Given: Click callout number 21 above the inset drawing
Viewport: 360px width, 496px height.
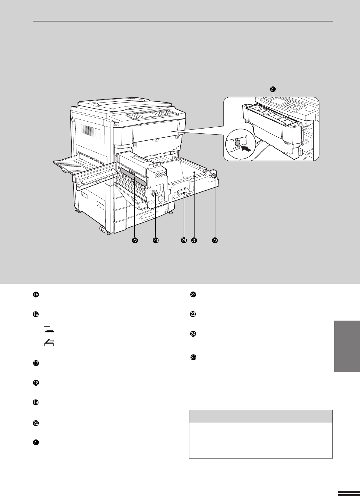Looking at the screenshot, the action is (x=273, y=89).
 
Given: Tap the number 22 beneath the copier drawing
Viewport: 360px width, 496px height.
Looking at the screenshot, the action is (x=135, y=240).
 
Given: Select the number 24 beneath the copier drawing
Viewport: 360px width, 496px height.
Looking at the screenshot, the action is (x=184, y=240).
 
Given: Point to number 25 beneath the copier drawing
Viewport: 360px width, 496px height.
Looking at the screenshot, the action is (x=194, y=240).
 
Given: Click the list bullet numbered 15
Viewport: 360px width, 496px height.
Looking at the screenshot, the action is (x=36, y=295).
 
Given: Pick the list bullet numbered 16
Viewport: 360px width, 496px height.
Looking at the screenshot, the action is (x=36, y=314).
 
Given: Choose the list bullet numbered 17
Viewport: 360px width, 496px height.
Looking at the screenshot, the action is (x=36, y=363).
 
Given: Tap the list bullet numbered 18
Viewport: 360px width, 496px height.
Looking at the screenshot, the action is (x=36, y=383).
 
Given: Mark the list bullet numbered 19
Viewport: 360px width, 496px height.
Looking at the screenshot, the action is (x=36, y=402).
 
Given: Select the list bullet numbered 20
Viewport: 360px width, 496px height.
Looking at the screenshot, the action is (x=36, y=423).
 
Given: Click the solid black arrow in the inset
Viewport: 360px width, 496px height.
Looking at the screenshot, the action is (x=246, y=148).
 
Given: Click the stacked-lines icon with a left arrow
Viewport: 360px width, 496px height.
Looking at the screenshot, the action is (x=49, y=329).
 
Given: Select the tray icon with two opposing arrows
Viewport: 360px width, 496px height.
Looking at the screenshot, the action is (x=49, y=343).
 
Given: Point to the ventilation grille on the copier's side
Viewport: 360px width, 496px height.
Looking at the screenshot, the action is (x=91, y=131).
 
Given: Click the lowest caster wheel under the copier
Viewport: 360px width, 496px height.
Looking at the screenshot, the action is (x=103, y=229).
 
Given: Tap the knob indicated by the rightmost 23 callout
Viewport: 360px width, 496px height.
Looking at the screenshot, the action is (x=214, y=176).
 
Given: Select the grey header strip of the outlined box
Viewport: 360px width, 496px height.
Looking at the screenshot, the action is (x=261, y=416).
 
